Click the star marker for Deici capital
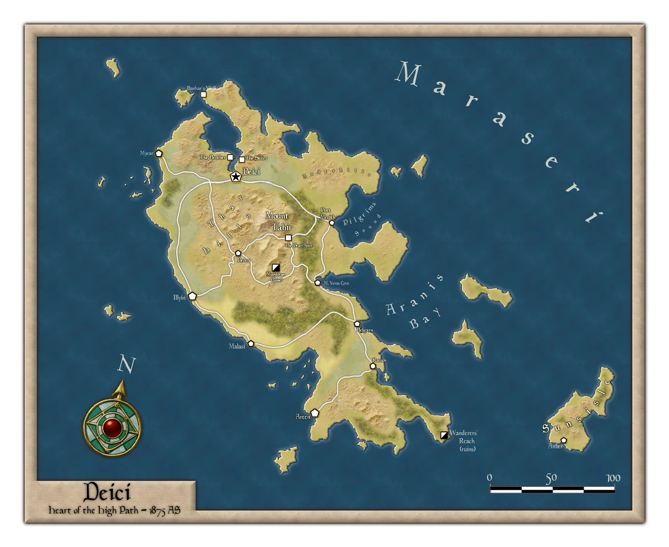pyautogui.click(x=235, y=177)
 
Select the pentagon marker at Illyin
pyautogui.click(x=192, y=296)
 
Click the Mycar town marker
pyautogui.click(x=159, y=153)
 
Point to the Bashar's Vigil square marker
pyautogui.click(x=203, y=95)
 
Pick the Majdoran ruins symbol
pyautogui.click(x=275, y=267)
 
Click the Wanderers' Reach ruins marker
pyautogui.click(x=444, y=434)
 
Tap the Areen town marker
pyautogui.click(x=314, y=413)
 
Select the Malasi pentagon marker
pyautogui.click(x=251, y=344)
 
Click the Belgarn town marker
pyautogui.click(x=357, y=324)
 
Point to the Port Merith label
pyautogui.click(x=328, y=213)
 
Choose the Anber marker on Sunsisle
pyautogui.click(x=564, y=440)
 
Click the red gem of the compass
pyautogui.click(x=113, y=427)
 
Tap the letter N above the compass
pyautogui.click(x=126, y=365)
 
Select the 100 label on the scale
pyautogui.click(x=613, y=478)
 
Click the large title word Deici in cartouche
pyautogui.click(x=107, y=493)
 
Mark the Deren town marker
pyautogui.click(x=238, y=253)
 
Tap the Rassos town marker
pyautogui.click(x=373, y=367)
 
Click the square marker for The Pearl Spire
pyautogui.click(x=288, y=238)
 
